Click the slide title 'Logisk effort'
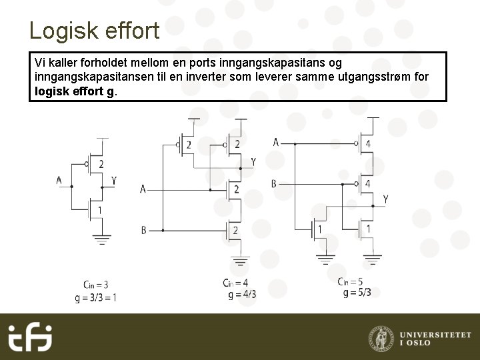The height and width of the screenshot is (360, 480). point(94,30)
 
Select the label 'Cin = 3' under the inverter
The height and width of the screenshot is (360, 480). point(96,285)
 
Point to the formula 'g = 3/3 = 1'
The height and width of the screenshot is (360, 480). point(96,297)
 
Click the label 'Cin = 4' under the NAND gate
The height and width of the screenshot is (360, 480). point(235,283)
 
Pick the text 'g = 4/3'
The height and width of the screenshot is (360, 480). point(241,294)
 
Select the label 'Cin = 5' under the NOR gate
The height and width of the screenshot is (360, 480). point(351,281)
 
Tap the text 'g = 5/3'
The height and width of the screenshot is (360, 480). point(357,292)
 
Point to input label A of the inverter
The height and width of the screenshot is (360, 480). point(59,180)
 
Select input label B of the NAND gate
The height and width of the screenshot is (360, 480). point(144,230)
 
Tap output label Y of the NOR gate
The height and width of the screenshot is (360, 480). point(386,199)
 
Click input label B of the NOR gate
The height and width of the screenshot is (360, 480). point(274,183)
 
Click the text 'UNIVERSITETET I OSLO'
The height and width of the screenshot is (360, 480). point(435,338)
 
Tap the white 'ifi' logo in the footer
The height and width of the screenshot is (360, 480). point(30,337)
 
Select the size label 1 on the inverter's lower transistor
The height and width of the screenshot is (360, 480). point(101,211)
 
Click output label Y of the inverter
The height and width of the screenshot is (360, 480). point(113,180)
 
